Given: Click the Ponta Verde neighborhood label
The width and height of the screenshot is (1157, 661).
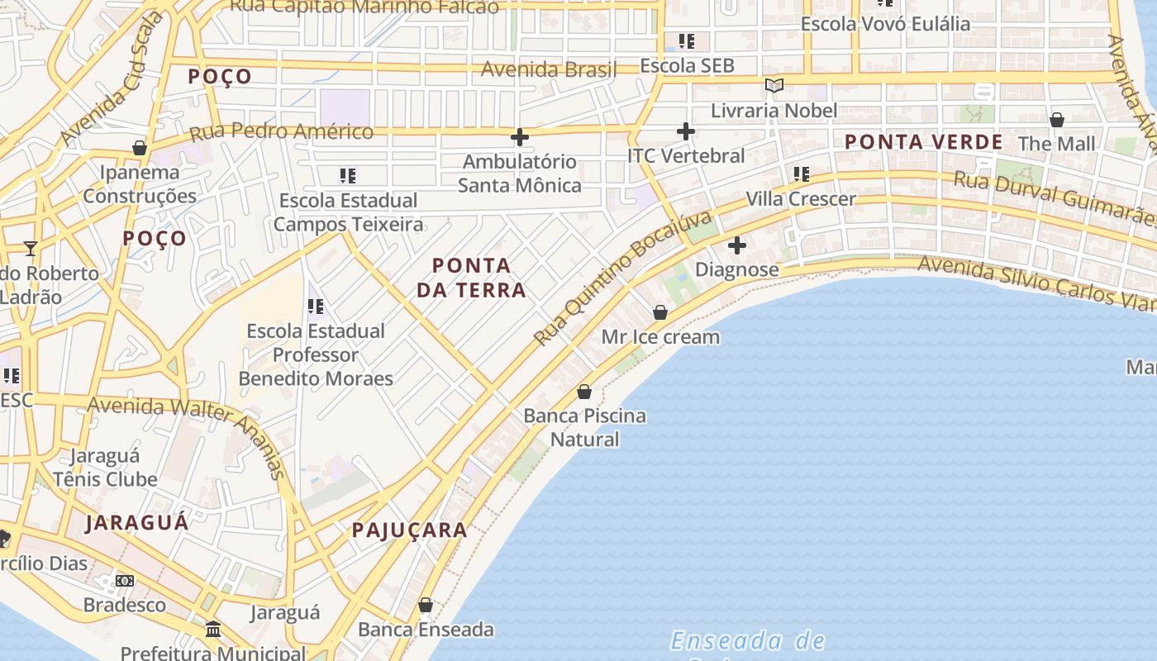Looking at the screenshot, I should tap(923, 142).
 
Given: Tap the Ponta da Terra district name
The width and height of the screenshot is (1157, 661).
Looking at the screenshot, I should tap(471, 278).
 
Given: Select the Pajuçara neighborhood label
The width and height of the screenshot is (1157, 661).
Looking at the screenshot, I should tap(410, 530).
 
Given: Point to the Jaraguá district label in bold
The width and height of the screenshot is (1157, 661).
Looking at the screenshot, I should tap(137, 522).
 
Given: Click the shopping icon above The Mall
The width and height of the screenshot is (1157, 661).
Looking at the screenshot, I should tap(1056, 121).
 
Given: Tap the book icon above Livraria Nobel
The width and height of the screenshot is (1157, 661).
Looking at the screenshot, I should tap(774, 86).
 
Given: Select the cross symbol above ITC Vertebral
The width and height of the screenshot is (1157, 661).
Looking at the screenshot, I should tap(685, 131).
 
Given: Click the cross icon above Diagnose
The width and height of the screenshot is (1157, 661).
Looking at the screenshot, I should tap(736, 245).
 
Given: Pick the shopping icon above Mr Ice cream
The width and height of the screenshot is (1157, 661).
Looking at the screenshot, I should tap(659, 312).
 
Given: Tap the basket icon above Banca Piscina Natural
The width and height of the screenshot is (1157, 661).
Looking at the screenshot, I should tap(584, 392).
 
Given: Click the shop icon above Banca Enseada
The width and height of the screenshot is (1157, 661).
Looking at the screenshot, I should tap(425, 606).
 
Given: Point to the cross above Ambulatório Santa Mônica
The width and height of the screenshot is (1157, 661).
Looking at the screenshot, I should tap(519, 137).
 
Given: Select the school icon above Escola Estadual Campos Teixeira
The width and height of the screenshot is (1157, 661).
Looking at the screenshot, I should tap(348, 176).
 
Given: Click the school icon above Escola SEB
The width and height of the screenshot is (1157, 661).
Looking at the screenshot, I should tap(686, 41).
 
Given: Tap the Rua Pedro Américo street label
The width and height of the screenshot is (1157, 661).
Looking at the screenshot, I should tap(281, 131).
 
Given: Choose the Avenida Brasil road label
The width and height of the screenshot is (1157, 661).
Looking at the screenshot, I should tap(549, 69).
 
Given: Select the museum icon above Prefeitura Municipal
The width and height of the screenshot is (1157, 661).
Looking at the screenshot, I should tap(213, 630).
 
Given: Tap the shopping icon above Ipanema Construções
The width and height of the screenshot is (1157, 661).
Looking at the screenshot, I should tap(139, 149).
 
